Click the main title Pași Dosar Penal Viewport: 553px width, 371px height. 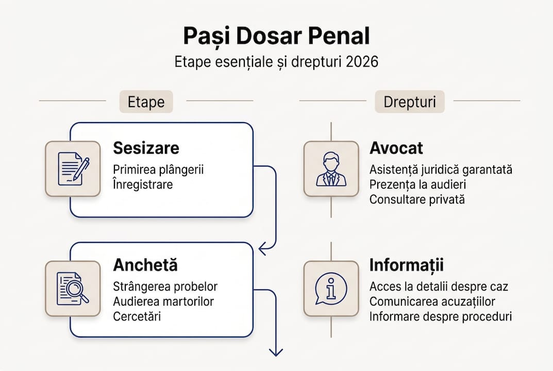coord(276,38)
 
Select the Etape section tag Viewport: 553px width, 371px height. coord(146,102)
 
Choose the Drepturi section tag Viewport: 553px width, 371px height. coord(409,102)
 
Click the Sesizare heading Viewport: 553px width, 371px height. coord(146,148)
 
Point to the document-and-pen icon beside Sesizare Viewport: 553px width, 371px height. coord(73,168)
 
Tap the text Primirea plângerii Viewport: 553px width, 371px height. coord(158,170)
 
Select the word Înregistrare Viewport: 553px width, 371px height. coord(143,184)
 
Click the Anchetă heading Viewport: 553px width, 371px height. coord(145,265)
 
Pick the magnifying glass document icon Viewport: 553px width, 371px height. coord(73,289)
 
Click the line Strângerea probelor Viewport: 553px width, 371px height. coord(165,286)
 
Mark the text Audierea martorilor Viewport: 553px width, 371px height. coord(163,301)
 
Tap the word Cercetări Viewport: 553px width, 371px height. coord(137,316)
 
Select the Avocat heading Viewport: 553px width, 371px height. coord(396,148)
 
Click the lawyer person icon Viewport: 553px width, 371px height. coord(331,168)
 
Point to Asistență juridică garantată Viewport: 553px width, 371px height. coord(441,170)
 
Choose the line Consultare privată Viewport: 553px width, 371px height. coord(417,199)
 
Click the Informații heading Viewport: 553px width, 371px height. coord(406,265)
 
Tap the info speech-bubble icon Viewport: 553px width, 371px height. coord(331,289)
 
